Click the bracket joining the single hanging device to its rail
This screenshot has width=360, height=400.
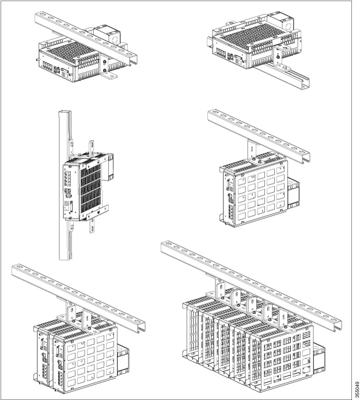pos(252,149)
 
